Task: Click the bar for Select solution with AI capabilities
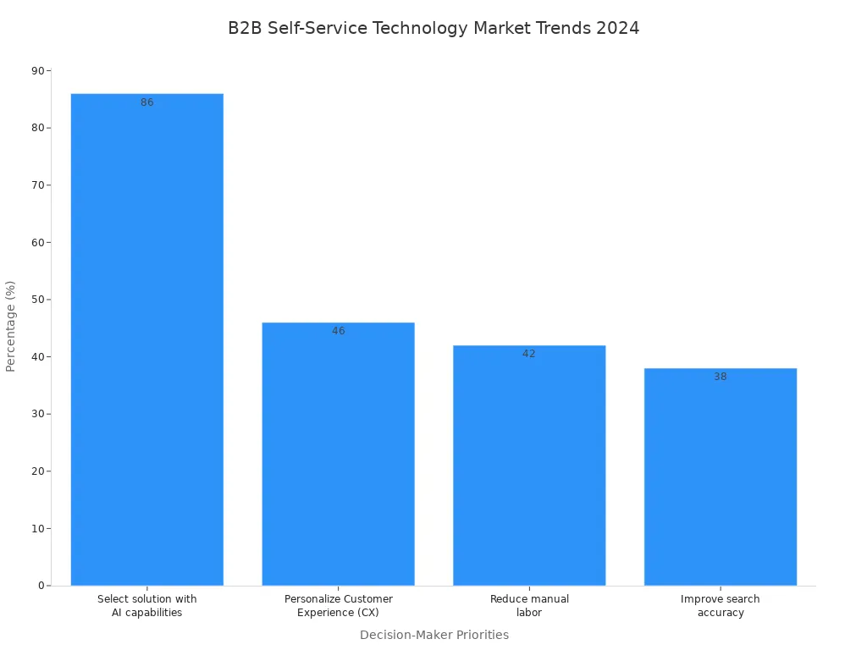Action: [146, 339]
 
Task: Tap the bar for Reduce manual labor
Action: [529, 465]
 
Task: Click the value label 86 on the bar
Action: [147, 102]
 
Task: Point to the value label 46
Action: [339, 331]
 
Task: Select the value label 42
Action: [529, 354]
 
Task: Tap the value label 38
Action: [721, 377]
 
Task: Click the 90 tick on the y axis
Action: [38, 71]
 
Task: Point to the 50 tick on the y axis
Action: [38, 300]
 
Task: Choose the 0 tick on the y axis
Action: [41, 586]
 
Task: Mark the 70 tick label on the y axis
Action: [38, 185]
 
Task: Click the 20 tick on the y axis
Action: [38, 471]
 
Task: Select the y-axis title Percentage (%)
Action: [11, 326]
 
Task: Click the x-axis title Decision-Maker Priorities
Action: [434, 635]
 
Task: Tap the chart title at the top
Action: [433, 28]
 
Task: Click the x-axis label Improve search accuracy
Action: [721, 606]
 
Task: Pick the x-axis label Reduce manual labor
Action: [529, 606]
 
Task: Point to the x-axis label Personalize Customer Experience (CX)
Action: [339, 606]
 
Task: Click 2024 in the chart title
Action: [617, 28]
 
